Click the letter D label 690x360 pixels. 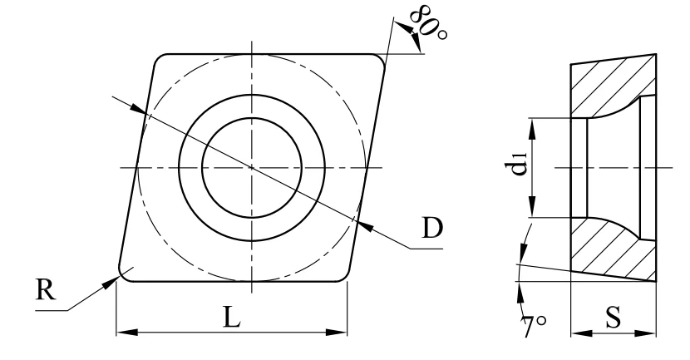point(431,228)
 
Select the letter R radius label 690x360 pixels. point(46,290)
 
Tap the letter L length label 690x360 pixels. point(232,317)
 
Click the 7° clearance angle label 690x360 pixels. point(534,325)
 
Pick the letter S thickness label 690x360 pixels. point(613,318)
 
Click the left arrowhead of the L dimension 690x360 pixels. point(126,332)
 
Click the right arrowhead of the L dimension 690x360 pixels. point(337,332)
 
